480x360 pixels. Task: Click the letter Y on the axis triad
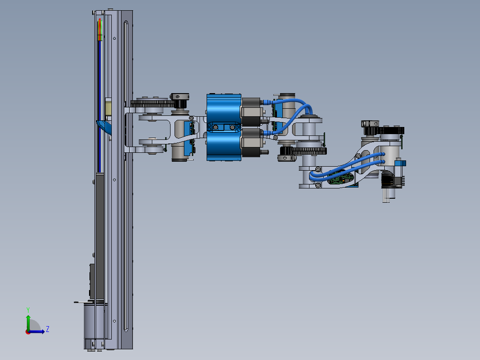pos(28,310)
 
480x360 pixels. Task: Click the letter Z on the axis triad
pos(48,329)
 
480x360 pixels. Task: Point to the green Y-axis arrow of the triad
pos(28,323)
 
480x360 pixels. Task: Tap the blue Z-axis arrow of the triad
pos(37,331)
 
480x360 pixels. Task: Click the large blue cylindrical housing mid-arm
pos(224,127)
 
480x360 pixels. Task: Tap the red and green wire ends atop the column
pos(100,29)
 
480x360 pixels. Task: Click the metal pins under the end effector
pos(386,195)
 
